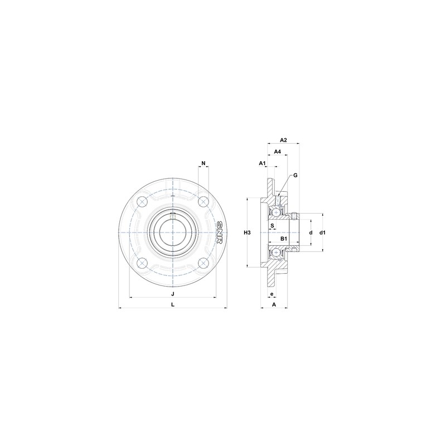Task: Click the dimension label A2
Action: [x=283, y=139]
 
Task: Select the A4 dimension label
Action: [x=277, y=152]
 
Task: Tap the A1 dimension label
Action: [x=262, y=163]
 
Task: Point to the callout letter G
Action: [x=295, y=175]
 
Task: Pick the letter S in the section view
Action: [x=272, y=226]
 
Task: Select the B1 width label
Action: [x=284, y=239]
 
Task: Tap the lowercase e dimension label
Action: [x=272, y=294]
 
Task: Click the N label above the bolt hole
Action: [x=203, y=163]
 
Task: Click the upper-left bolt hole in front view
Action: [x=142, y=201]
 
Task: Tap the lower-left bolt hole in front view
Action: [x=142, y=262]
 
